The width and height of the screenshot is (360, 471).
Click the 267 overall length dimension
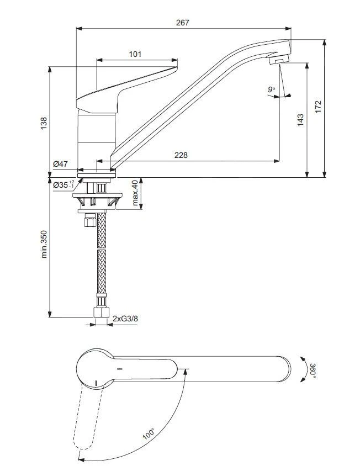click(183, 23)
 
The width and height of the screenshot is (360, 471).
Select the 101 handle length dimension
click(135, 54)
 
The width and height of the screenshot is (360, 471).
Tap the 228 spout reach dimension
click(181, 155)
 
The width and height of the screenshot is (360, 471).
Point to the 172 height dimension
click(317, 107)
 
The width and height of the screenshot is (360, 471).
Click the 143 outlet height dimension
click(300, 120)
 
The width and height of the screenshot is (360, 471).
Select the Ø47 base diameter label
click(60, 164)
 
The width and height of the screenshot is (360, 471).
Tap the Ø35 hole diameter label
click(62, 185)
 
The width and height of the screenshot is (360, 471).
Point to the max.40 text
click(135, 193)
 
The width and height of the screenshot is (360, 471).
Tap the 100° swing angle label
click(149, 434)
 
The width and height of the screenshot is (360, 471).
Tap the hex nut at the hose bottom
click(100, 313)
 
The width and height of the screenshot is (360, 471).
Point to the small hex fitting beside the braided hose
click(87, 222)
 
